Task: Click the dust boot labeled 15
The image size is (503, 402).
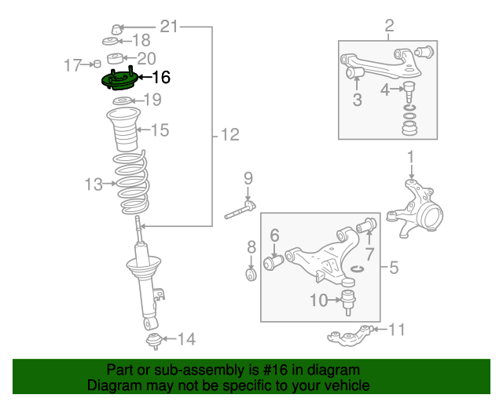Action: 123,133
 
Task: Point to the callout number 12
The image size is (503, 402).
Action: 229,135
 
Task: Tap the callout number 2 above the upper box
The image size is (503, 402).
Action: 389,29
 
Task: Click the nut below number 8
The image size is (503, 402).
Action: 251,276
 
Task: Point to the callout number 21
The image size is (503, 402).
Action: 170,27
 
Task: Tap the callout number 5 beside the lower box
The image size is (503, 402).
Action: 394,268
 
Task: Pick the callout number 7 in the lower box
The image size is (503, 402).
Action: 369,254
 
